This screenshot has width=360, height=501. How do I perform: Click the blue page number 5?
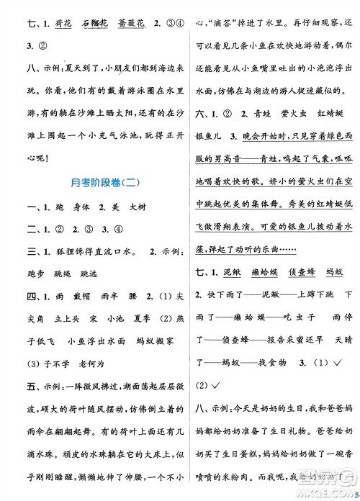coord(355,492)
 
